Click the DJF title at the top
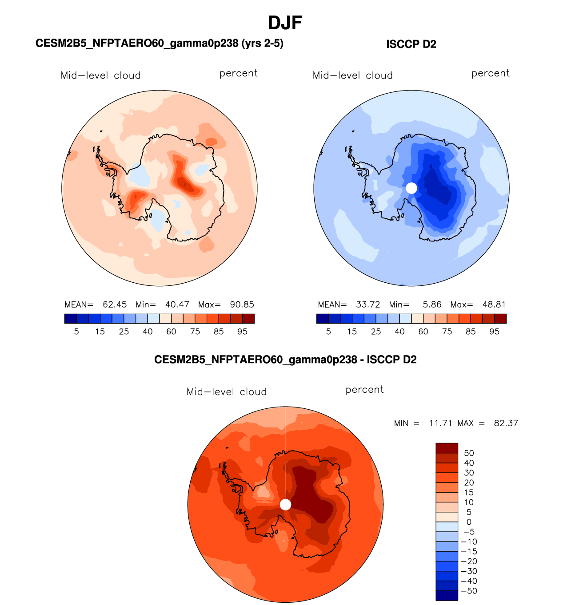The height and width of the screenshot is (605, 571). click(285, 23)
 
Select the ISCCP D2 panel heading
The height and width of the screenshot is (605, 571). click(411, 44)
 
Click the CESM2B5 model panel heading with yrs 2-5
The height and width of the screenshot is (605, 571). click(159, 43)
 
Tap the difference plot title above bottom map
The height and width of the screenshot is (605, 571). click(285, 360)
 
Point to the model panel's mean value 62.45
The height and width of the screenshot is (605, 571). click(115, 304)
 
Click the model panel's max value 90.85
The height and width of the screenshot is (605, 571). click(242, 304)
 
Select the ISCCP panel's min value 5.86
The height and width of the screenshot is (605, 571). click(432, 304)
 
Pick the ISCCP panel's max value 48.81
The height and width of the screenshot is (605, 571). click(494, 304)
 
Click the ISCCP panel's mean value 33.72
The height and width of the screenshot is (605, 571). click(368, 304)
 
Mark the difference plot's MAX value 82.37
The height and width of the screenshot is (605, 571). click(506, 423)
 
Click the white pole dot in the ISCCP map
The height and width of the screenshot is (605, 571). click(411, 188)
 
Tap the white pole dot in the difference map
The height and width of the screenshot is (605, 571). click(285, 504)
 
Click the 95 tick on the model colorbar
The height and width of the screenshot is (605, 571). click(242, 332)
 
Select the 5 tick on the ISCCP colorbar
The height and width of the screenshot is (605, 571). click(328, 332)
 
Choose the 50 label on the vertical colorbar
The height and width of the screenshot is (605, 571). click(469, 453)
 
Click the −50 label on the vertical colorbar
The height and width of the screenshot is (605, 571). click(469, 591)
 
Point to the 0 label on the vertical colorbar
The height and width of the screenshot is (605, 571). click(469, 522)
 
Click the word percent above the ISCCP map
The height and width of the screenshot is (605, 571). click(491, 73)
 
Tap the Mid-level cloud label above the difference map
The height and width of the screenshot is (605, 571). click(227, 392)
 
